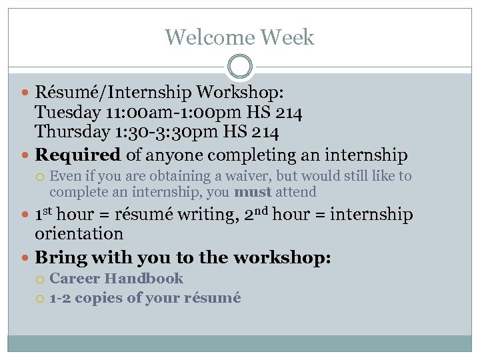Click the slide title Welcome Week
tap(239, 37)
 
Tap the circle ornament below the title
tap(239, 67)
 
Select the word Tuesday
tap(67, 113)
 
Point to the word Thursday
tap(71, 132)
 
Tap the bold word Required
tap(77, 155)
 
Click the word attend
tap(296, 192)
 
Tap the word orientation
tap(79, 234)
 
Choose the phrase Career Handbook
tap(116, 278)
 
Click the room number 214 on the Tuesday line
tap(289, 113)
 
